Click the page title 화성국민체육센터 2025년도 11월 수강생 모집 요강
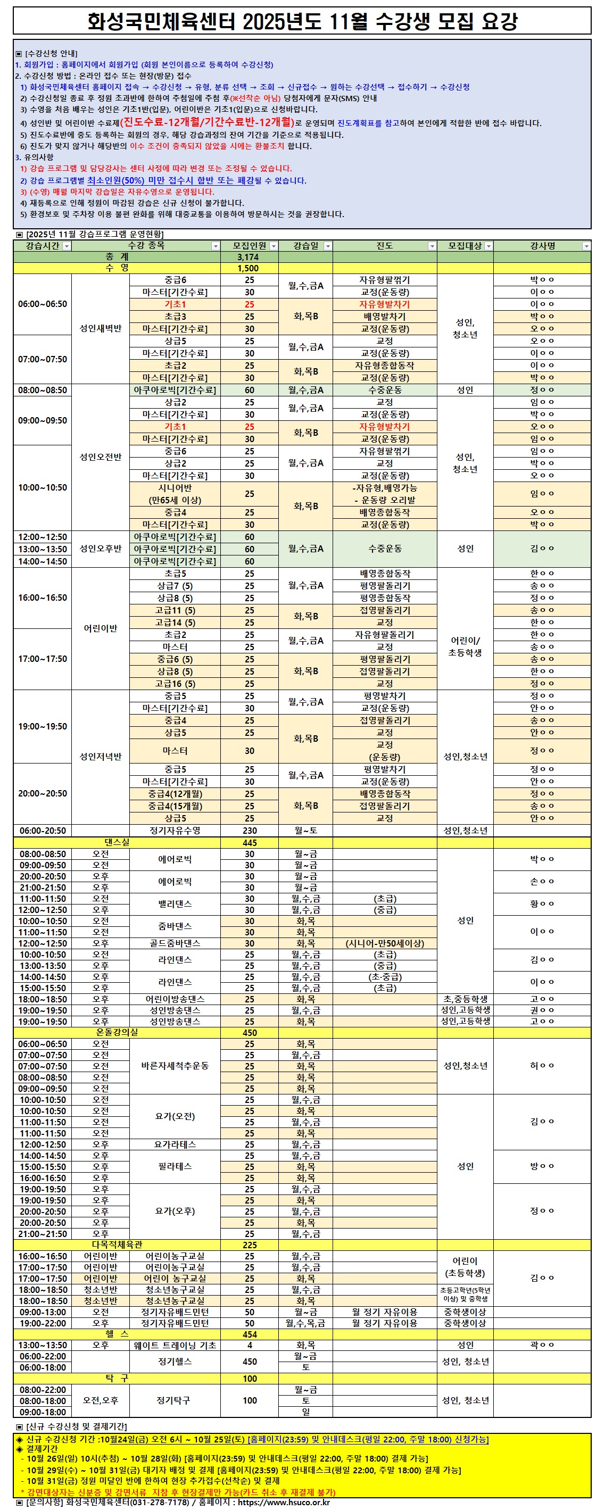[x=302, y=22]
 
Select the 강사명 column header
[x=542, y=246]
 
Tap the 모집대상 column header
[x=465, y=246]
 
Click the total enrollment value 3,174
[x=248, y=257]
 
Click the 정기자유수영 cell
[x=175, y=830]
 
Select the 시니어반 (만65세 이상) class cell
[x=175, y=494]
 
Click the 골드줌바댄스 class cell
[x=175, y=943]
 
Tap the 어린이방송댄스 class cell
[x=175, y=999]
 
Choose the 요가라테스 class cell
[x=175, y=1144]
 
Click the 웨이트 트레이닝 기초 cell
[x=175, y=1345]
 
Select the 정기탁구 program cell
[x=175, y=1400]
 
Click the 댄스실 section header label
[x=117, y=842]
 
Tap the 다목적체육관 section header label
[x=117, y=1244]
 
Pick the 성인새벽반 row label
[x=100, y=328]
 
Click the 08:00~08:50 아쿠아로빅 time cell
[x=42, y=390]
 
